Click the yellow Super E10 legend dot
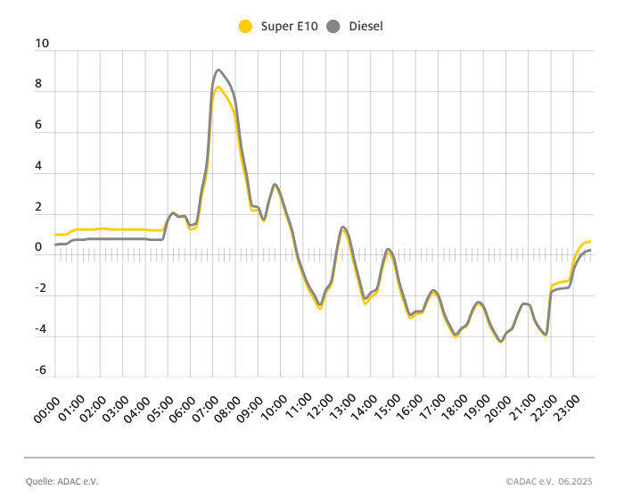[x=245, y=27]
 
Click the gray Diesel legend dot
[x=334, y=27]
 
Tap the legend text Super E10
[x=289, y=27]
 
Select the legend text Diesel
[x=365, y=27]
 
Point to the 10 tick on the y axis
[x=40, y=43]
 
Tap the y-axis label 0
[x=39, y=247]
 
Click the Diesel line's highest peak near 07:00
[x=218, y=70]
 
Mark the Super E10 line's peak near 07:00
[x=218, y=87]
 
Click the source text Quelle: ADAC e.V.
[x=62, y=481]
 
